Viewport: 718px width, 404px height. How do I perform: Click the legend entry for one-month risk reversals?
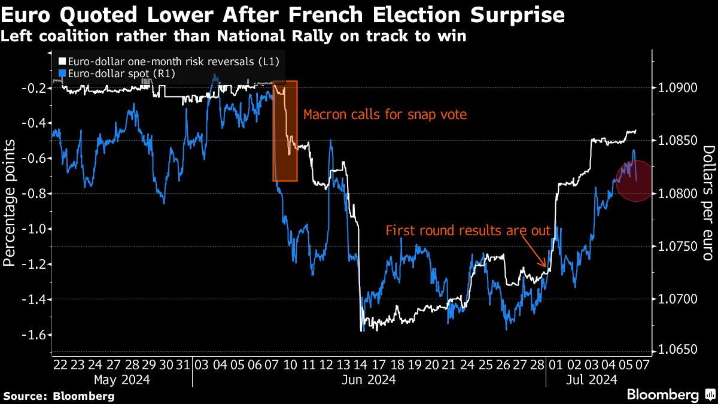tap(169, 61)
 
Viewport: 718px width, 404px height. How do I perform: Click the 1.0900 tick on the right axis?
tap(677, 88)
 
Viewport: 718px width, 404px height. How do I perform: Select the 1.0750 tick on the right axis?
tap(677, 246)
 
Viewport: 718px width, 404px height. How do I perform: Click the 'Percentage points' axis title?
tap(10, 202)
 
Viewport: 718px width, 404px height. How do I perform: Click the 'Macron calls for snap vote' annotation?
tap(384, 114)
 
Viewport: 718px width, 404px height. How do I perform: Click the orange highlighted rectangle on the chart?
tap(285, 130)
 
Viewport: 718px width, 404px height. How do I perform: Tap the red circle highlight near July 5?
tap(636, 180)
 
